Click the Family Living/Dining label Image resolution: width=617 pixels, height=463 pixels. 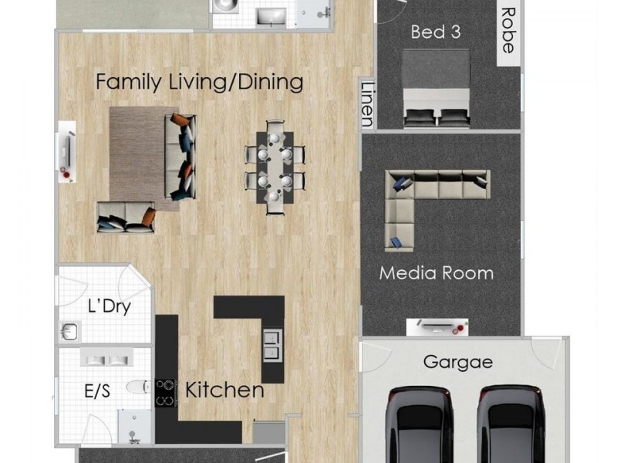199,82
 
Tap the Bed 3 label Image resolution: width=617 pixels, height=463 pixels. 437,32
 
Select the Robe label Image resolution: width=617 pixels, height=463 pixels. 507,30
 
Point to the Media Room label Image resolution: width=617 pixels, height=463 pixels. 437,273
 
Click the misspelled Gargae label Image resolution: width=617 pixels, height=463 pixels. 457,362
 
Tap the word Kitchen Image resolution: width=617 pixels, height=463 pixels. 224,390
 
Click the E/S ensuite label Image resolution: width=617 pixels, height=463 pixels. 96,392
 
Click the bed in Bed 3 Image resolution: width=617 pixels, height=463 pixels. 436,87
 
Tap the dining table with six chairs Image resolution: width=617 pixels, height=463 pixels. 275,166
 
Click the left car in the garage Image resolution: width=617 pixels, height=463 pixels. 421,424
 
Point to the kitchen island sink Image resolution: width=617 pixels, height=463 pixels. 272,344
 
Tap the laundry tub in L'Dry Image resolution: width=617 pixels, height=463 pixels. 69,331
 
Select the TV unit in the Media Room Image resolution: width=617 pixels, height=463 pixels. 437,327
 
